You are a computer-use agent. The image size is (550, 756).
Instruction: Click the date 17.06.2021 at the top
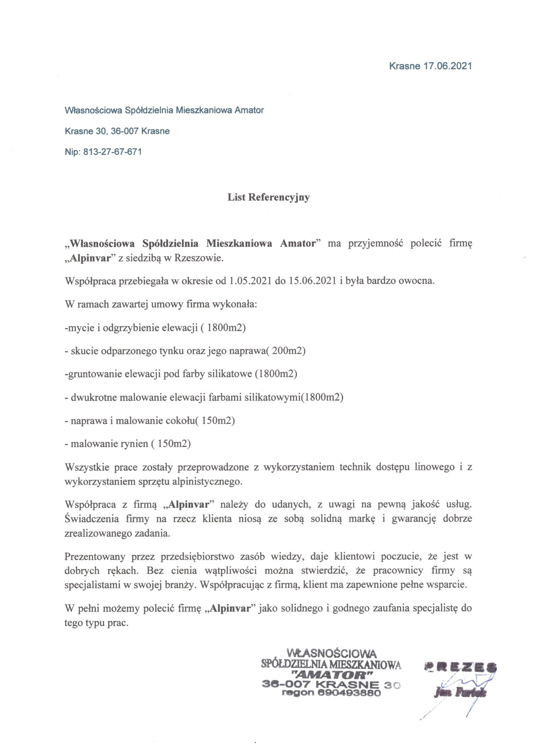point(448,66)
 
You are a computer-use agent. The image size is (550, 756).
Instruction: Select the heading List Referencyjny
point(269,197)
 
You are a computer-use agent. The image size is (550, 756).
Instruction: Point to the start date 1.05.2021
point(251,281)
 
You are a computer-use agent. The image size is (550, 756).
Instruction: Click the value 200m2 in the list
point(287,351)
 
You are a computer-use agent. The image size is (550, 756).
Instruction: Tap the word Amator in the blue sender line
point(249,110)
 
